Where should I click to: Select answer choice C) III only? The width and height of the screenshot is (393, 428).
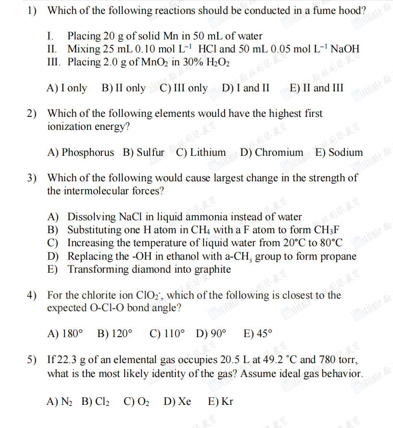[183, 88]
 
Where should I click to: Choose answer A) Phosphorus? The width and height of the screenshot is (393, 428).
[81, 152]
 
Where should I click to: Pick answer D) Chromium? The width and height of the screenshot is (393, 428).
[272, 152]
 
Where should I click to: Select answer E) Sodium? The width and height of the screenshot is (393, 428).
[339, 152]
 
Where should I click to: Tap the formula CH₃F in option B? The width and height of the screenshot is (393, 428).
[328, 230]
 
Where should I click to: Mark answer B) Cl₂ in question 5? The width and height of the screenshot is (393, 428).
[95, 401]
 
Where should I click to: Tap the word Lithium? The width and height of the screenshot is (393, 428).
[208, 152]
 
